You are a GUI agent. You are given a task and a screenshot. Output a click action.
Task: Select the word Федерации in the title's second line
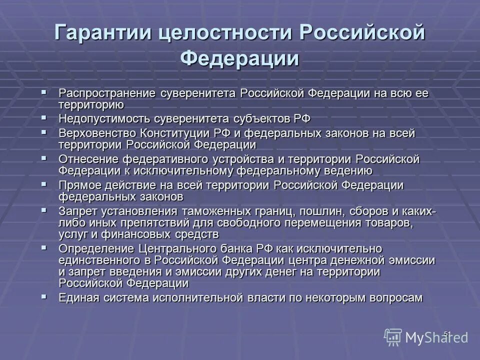[240, 58]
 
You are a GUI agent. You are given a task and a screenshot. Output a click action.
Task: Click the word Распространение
[107, 93]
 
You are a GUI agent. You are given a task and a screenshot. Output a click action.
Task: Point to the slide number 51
[447, 333]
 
